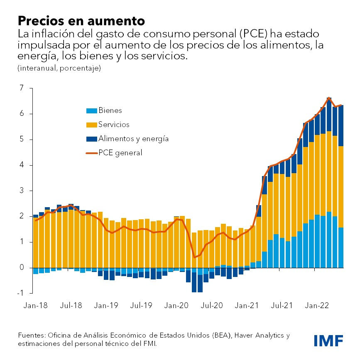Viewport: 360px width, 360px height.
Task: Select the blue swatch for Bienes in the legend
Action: point(91,110)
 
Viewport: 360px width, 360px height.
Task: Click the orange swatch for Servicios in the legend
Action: point(91,125)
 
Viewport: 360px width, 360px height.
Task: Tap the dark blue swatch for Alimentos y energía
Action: point(91,139)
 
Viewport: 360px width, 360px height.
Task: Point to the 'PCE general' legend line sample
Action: point(91,153)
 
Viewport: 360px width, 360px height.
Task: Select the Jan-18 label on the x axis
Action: point(36,306)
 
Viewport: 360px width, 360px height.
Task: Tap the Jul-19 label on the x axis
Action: point(142,306)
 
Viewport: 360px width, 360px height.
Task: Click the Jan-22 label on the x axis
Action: point(318,306)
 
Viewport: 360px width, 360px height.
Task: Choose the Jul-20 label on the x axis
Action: point(212,306)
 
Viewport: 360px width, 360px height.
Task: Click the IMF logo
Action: point(328,340)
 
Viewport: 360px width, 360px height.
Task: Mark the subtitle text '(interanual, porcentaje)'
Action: point(59,68)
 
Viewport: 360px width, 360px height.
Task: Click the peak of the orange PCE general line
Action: point(329,98)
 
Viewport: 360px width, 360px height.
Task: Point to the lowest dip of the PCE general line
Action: point(194,257)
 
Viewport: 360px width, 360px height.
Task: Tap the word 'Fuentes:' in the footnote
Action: point(32,336)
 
